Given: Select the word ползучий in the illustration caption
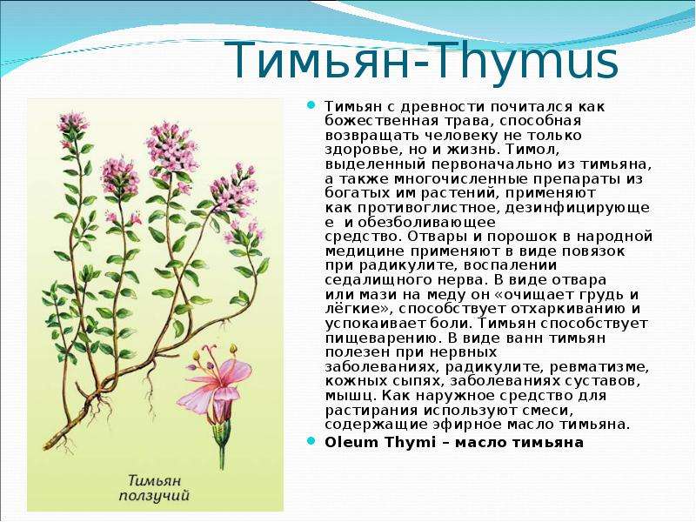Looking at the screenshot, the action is [x=154, y=496].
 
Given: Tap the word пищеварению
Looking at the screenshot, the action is [x=382, y=338].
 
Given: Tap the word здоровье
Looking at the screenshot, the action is [x=359, y=150].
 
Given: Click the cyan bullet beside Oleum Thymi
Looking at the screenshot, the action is [x=311, y=441].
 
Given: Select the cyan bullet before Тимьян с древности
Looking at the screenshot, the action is [x=311, y=105].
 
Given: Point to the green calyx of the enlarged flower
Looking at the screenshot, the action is [x=221, y=432].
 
